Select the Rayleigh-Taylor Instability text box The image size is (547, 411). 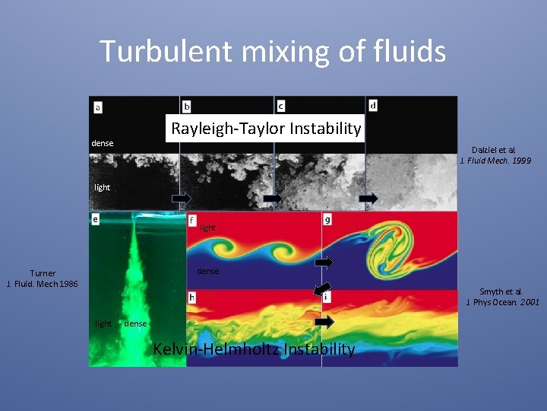[266, 129]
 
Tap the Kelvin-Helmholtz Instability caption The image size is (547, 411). [254, 349]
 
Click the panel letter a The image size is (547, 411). [98, 107]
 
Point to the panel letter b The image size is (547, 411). [188, 106]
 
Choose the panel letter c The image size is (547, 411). [280, 106]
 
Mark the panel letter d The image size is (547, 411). [373, 104]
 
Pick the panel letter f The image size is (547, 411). [193, 220]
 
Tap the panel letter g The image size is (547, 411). [327, 220]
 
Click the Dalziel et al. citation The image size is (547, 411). [495, 155]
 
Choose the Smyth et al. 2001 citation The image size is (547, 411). [502, 297]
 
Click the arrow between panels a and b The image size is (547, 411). [180, 198]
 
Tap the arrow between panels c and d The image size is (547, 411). [368, 198]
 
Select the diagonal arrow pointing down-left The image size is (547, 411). [323, 288]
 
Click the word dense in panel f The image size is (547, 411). [207, 271]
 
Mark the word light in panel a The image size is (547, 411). [102, 187]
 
